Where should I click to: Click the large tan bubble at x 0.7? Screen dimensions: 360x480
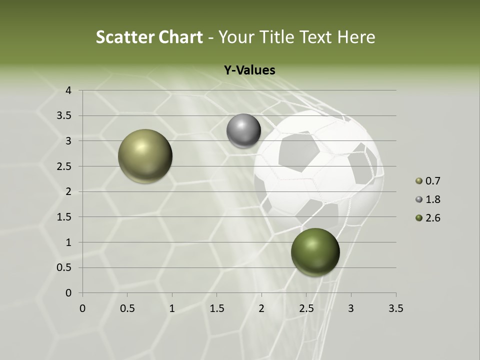pos(145,156)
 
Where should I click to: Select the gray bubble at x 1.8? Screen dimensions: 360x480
pos(243,131)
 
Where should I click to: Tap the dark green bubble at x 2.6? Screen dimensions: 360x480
pos(315,252)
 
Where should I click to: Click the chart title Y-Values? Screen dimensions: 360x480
pos(249,70)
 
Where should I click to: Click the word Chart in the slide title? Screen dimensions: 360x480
pos(180,37)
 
